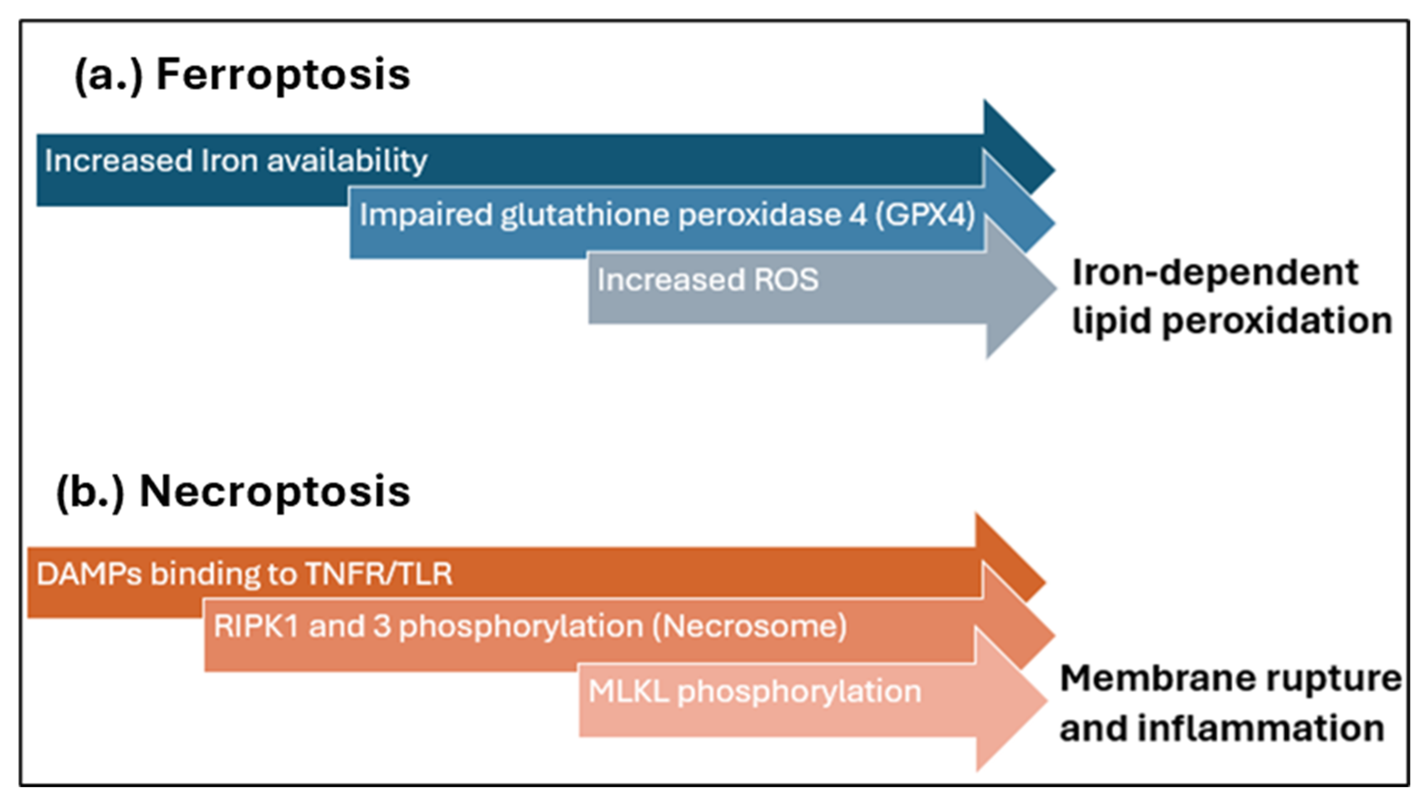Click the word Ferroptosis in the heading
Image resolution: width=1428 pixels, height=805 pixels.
pos(283,75)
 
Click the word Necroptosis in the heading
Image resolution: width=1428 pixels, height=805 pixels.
pos(274,492)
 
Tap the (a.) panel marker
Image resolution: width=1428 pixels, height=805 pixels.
pos(108,76)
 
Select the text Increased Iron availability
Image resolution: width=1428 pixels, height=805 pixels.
pos(236,161)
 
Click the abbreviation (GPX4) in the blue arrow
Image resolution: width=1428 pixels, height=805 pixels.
pos(925,215)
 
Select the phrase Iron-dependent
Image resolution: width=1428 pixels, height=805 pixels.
pos(1215,273)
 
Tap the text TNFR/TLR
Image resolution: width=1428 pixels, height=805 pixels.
pos(379,574)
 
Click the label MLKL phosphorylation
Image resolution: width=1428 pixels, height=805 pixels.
pos(755,692)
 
